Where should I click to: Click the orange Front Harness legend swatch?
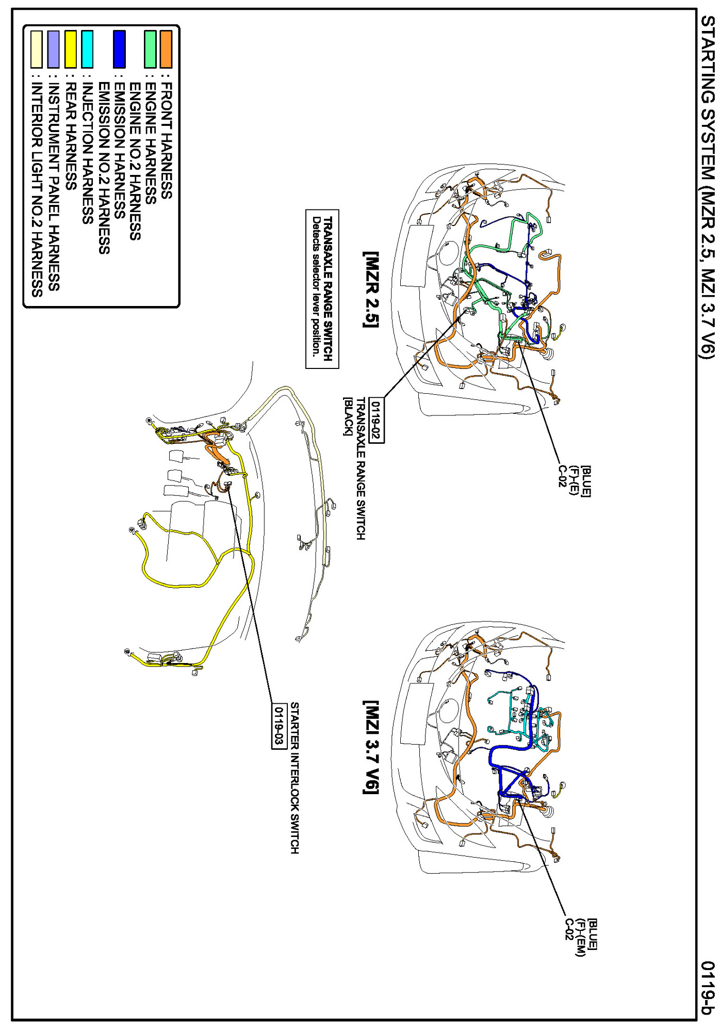[x=166, y=49]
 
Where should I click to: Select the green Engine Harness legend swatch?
[x=150, y=49]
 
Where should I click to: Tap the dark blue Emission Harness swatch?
[x=119, y=49]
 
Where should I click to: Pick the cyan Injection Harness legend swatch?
[x=87, y=49]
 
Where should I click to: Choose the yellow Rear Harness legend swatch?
[x=71, y=49]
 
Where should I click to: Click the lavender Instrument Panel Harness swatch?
[x=53, y=49]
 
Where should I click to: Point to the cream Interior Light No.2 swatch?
[x=36, y=49]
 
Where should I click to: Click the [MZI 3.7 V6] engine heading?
[x=370, y=747]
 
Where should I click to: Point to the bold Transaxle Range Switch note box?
[x=322, y=289]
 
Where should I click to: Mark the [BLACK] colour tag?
[x=348, y=416]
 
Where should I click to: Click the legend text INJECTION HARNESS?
[x=88, y=153]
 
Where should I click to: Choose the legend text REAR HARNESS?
[x=71, y=137]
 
